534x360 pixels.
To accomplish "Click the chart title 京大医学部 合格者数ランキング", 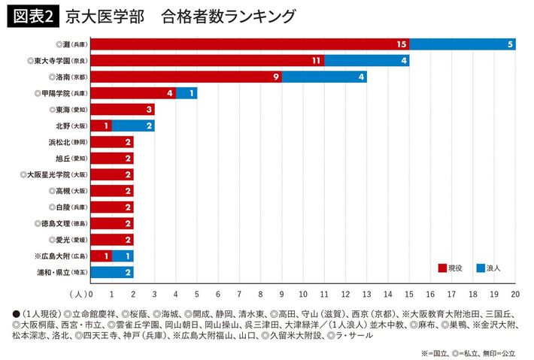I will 180,16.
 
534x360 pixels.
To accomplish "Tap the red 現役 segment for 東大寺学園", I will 207,60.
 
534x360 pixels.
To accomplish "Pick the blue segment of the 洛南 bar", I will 324,77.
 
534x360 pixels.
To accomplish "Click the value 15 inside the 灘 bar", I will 402,44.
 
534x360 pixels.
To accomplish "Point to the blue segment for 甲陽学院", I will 187,93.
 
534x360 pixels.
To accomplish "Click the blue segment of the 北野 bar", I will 133,126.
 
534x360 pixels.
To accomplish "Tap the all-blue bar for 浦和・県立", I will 111,272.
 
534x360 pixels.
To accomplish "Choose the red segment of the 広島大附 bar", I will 101,256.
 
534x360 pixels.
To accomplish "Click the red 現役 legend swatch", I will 443,267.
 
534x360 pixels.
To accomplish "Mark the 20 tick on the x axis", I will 515,294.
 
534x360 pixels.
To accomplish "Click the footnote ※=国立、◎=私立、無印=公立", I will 469,352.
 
